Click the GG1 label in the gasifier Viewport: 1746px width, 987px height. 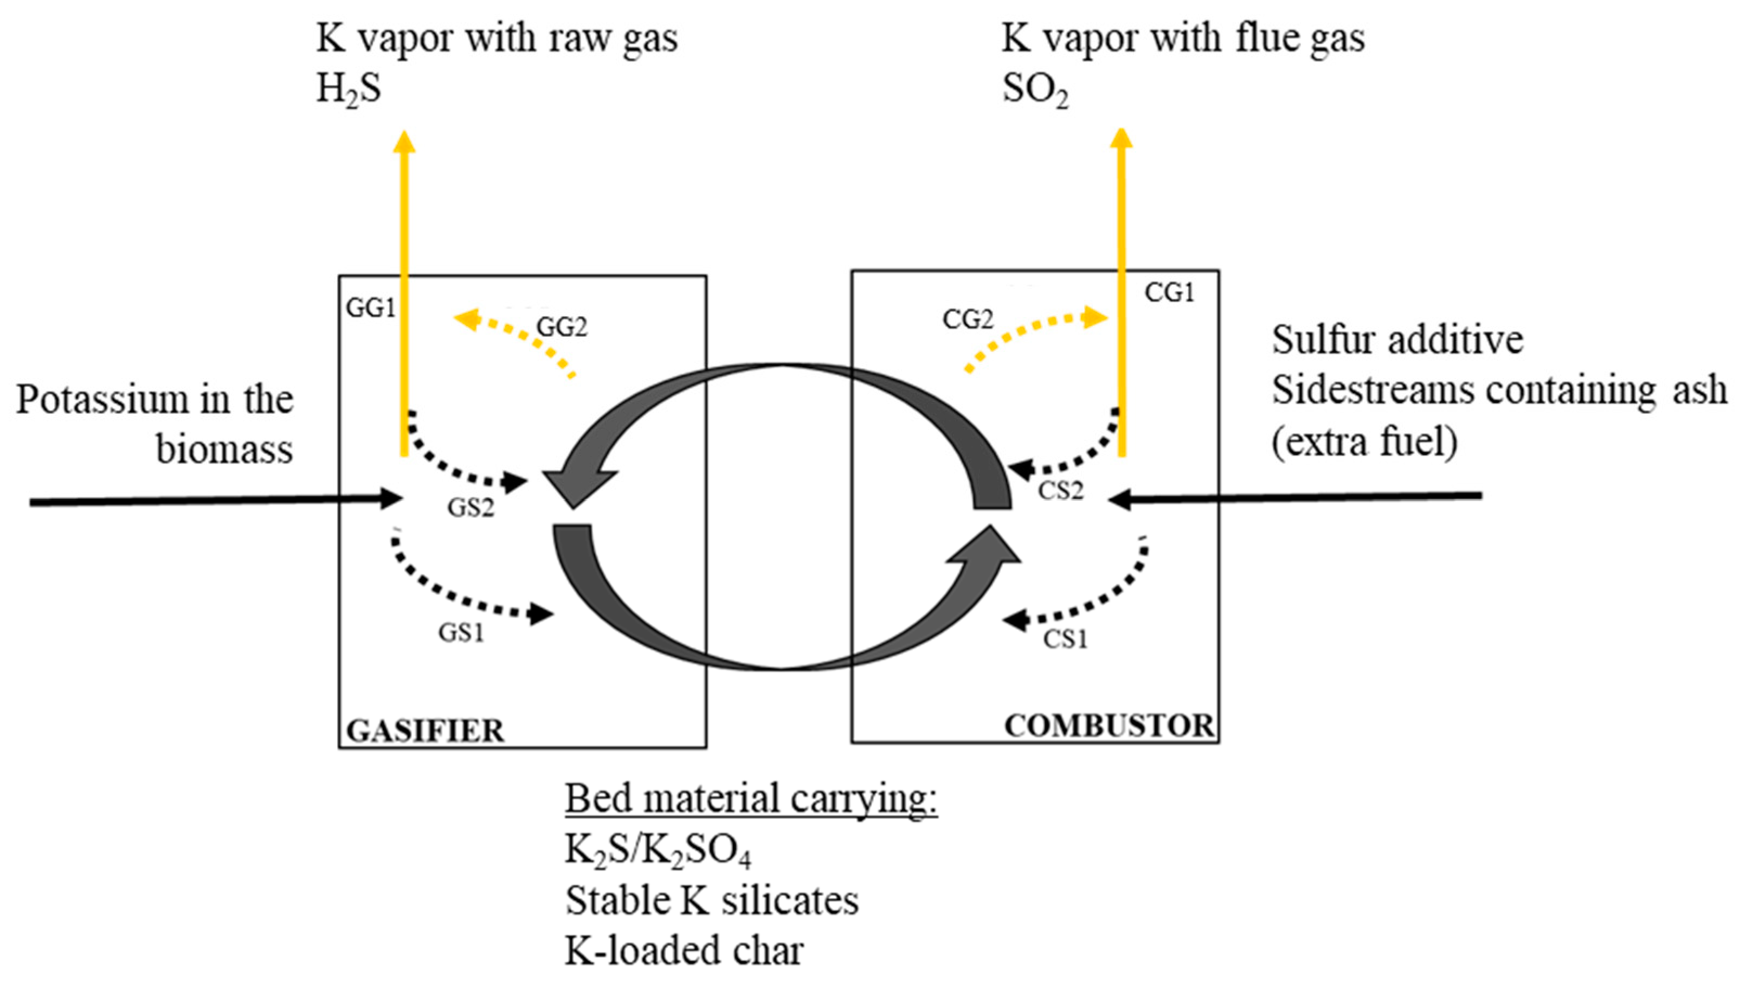[370, 309]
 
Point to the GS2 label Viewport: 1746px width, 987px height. [471, 507]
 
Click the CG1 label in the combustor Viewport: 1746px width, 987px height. [1169, 293]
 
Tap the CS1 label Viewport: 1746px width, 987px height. [1065, 639]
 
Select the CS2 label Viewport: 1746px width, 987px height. [1060, 490]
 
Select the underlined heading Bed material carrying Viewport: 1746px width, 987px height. [751, 799]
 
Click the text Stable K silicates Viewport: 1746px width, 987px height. [712, 901]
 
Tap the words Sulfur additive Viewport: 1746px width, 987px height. [1397, 339]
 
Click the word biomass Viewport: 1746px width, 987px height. [224, 449]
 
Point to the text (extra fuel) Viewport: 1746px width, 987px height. [1364, 442]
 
